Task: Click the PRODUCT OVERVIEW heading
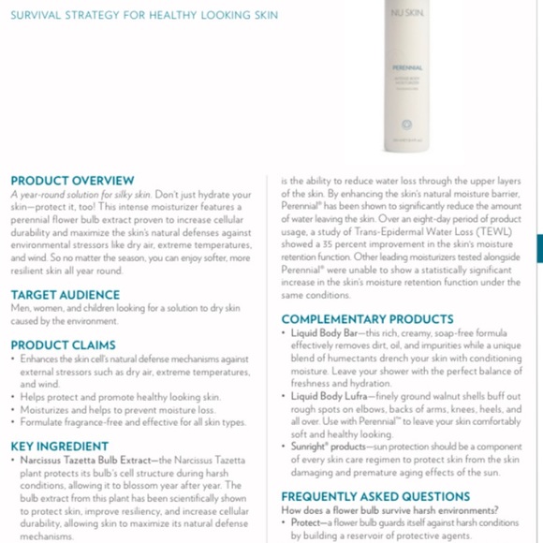(x=72, y=181)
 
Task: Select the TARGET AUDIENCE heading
(x=66, y=295)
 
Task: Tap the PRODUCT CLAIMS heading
(x=64, y=345)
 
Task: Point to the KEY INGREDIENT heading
(x=61, y=447)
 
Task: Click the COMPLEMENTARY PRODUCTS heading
(x=367, y=319)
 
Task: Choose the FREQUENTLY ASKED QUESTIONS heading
(x=375, y=496)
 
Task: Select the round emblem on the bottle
(x=407, y=123)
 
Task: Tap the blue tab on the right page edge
(x=538, y=249)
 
